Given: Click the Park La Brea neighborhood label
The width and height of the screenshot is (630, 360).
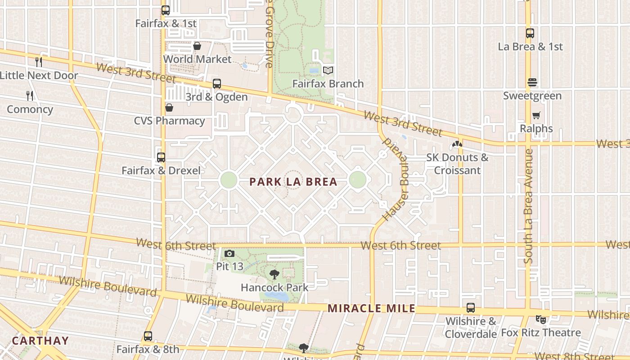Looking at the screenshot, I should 293,182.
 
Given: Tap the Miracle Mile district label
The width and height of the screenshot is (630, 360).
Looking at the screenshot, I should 372,309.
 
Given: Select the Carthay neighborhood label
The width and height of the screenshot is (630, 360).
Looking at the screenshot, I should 40,341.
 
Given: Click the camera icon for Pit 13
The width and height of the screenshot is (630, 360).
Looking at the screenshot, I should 229,254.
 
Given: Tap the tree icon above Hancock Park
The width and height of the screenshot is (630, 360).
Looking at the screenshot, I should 274,274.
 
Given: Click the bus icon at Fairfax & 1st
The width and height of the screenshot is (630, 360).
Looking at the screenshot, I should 166,10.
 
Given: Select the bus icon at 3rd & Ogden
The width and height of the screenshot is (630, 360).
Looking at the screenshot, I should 217,84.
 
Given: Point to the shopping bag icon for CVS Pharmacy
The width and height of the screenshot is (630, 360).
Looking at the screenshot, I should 169,108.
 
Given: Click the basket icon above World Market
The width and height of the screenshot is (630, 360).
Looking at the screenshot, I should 197,46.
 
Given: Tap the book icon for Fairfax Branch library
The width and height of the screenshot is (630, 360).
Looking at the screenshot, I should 328,71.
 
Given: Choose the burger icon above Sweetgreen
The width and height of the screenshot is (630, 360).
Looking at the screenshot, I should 532,83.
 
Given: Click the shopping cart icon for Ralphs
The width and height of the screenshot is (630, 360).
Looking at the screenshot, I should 536,116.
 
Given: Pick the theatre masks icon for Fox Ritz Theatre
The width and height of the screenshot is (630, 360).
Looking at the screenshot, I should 541,319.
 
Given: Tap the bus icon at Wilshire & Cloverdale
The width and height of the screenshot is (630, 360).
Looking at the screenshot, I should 471,308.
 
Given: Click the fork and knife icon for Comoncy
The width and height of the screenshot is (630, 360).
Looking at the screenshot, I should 30,96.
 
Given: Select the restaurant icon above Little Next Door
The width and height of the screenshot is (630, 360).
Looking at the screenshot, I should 39,62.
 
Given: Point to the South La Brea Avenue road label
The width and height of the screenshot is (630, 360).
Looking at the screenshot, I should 529,206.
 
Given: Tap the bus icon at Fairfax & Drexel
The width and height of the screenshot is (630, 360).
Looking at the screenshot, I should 161,157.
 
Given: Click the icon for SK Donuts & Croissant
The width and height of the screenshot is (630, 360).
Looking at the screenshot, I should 457,144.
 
